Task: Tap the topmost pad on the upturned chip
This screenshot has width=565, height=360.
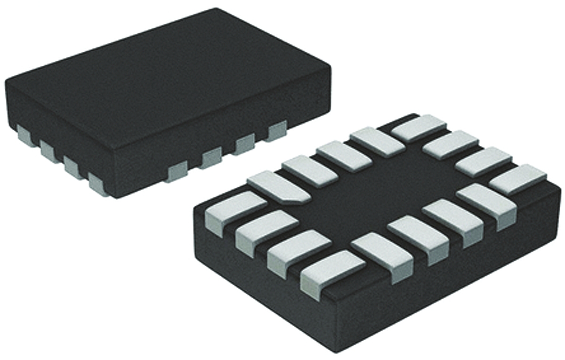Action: pyautogui.click(x=419, y=128)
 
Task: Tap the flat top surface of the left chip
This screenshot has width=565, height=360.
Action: pyautogui.click(x=165, y=80)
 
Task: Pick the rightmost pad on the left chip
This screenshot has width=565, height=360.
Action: pyautogui.click(x=276, y=130)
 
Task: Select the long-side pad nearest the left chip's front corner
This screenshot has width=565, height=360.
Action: pyautogui.click(x=177, y=170)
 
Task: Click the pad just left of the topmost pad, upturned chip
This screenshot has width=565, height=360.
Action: pyautogui.click(x=377, y=142)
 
